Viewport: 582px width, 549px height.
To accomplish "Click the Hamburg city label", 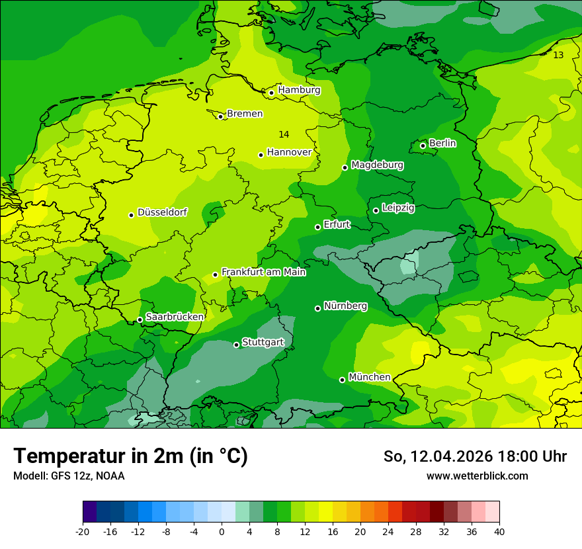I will point(299,90).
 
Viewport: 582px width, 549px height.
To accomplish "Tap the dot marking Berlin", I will point(423,146).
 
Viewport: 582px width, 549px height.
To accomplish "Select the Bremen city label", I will point(245,114).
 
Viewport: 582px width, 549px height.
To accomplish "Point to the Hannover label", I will point(289,152).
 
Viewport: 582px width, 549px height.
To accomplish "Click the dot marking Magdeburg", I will point(345,167).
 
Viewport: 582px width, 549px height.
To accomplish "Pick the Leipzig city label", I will point(398,208).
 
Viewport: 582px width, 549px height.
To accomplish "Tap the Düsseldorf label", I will point(162,212).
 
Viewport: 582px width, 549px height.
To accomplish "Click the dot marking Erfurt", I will point(317,227).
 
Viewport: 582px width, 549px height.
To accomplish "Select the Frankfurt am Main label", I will point(263,272).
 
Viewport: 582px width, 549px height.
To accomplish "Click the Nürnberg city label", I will point(345,306).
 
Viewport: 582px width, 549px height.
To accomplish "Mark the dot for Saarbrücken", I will point(140,319).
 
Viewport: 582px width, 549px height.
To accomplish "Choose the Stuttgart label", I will point(263,342).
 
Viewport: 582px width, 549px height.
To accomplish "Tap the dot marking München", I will point(342,380).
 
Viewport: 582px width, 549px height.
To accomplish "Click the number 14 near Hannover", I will point(284,134).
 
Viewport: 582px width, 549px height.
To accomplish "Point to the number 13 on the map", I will point(558,55).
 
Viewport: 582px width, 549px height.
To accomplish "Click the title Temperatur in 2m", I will point(130,456).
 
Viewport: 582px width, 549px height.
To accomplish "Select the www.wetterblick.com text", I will point(477,476).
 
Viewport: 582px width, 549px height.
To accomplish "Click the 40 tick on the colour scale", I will point(499,531).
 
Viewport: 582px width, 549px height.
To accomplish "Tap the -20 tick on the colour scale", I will point(83,531).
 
